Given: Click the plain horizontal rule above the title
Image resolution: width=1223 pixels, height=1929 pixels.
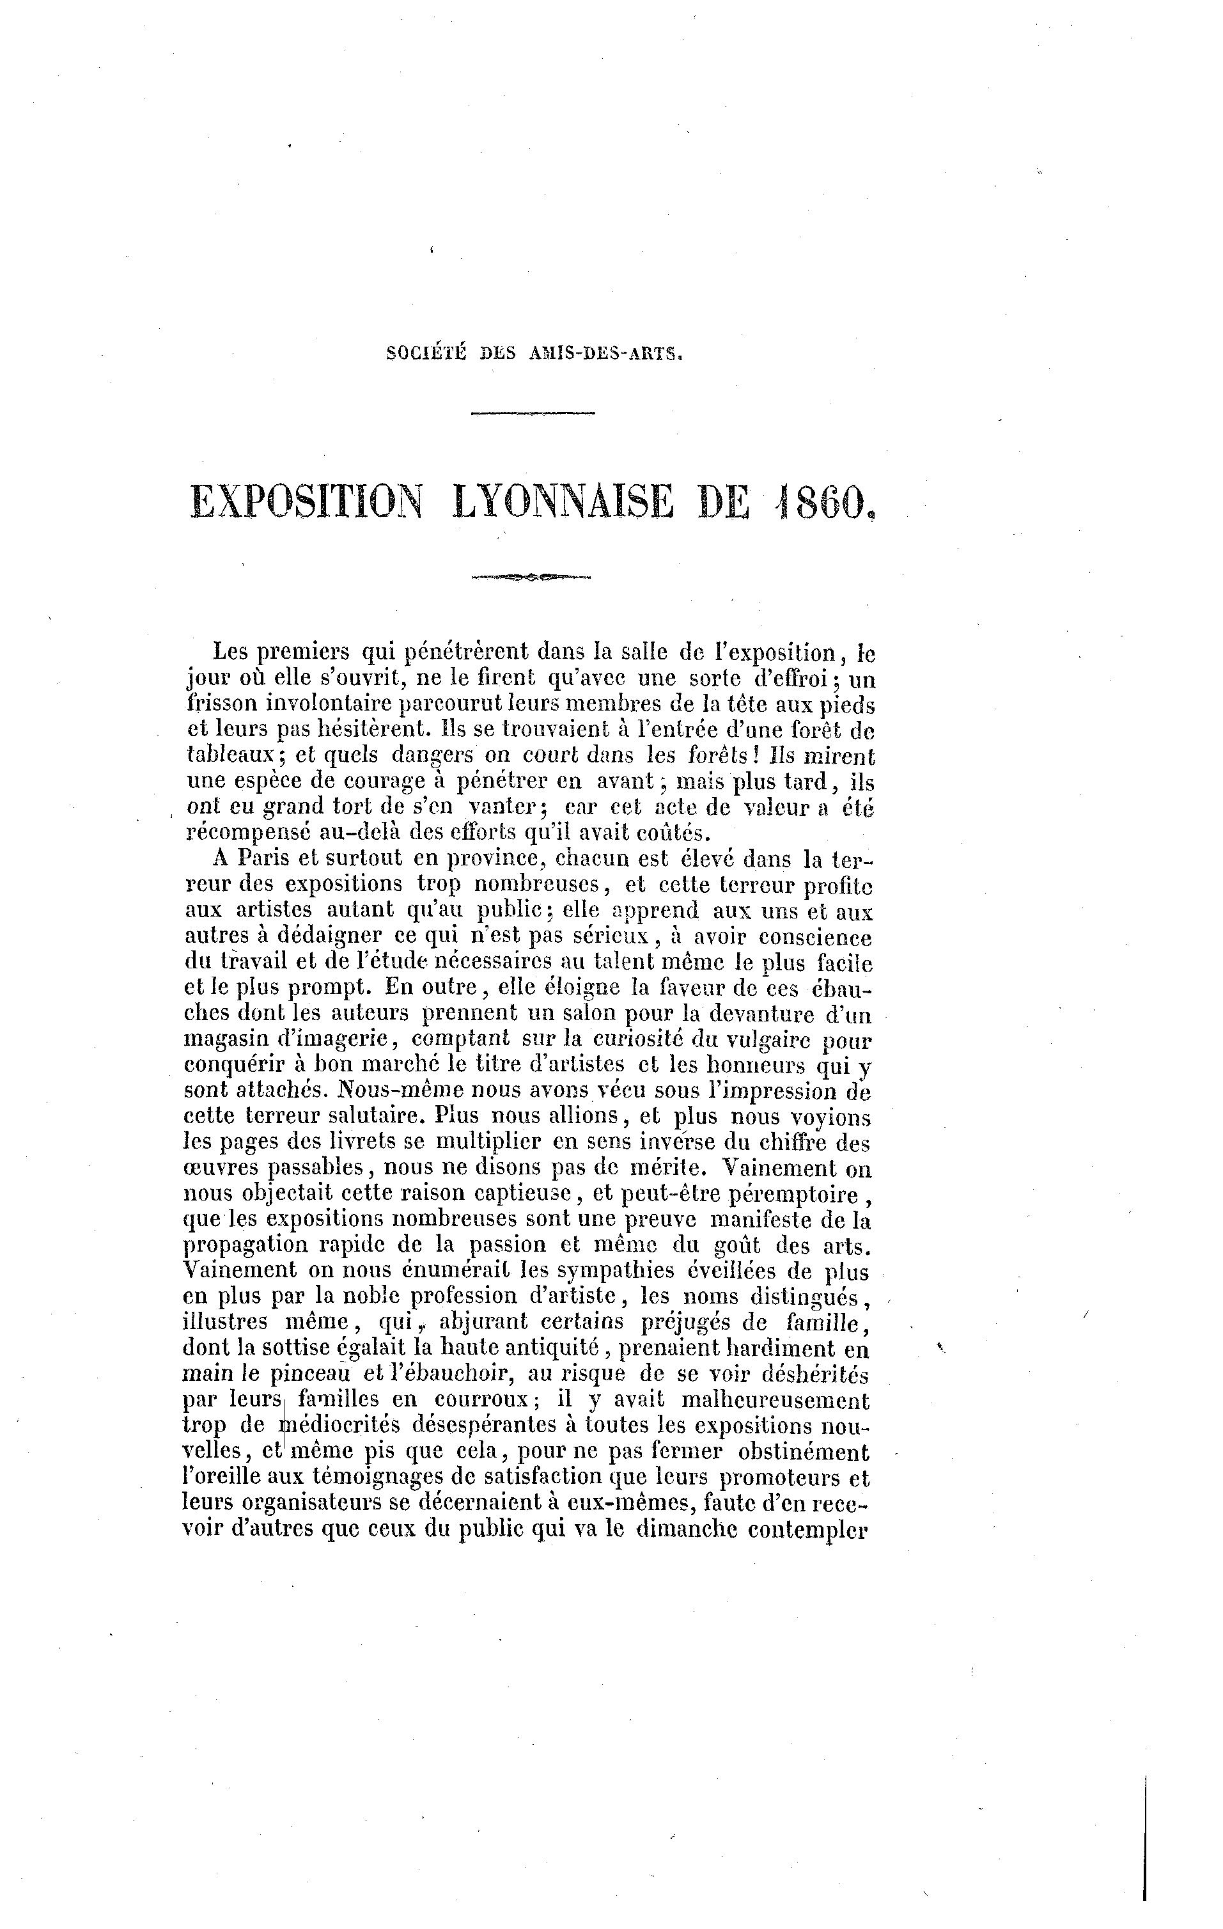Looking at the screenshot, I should pyautogui.click(x=533, y=413).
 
